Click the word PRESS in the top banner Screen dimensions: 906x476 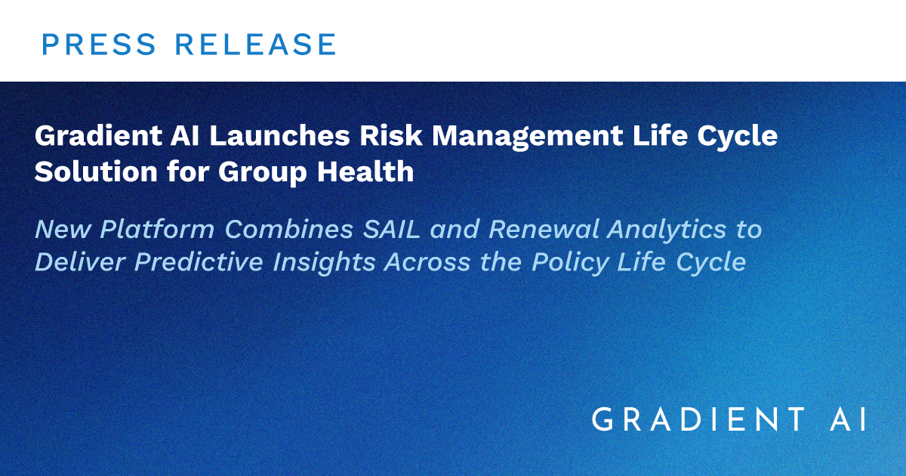pos(99,44)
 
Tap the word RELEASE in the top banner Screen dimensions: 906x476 pos(256,44)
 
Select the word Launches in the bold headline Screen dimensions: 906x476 pos(279,135)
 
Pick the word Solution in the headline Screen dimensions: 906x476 pos(96,172)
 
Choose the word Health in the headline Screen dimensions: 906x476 pos(365,172)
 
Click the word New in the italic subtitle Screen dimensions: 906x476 pos(63,230)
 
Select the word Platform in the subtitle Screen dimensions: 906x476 pos(157,230)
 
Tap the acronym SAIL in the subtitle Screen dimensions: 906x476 pos(392,230)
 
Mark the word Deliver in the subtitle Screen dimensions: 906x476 pos(80,262)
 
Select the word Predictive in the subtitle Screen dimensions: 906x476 pos(199,262)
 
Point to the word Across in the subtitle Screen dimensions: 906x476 pos(427,262)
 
